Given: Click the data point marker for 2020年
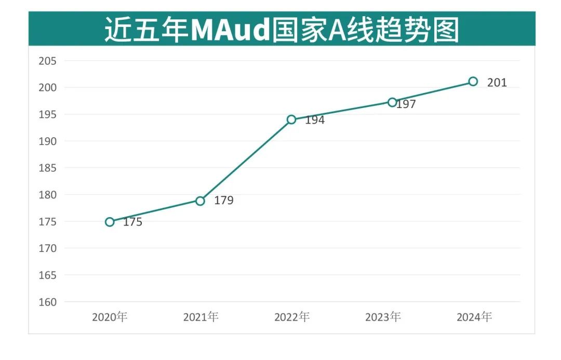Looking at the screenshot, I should (x=110, y=222).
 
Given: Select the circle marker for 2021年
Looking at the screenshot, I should (x=200, y=201).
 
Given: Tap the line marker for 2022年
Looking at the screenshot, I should (x=291, y=119).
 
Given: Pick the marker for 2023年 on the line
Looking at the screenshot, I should (x=392, y=102).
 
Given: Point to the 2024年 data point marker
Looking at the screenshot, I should (x=473, y=81).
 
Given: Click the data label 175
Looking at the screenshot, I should (x=132, y=222).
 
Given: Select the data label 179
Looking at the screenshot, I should (x=224, y=201).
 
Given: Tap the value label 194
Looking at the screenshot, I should (x=315, y=120).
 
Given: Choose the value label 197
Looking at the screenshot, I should (x=406, y=104).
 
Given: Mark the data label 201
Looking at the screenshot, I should (x=497, y=82).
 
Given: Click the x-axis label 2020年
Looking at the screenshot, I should (x=110, y=317).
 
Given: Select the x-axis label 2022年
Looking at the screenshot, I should (x=292, y=317).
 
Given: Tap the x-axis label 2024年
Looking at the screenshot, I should (x=474, y=317).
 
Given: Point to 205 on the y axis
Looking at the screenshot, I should (x=48, y=61).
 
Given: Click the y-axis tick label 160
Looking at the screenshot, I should (x=48, y=302).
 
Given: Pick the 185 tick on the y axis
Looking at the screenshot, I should (x=48, y=168).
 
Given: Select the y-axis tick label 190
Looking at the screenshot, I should (x=48, y=141).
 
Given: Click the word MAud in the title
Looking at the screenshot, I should (x=230, y=30).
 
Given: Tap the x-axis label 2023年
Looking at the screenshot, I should (x=383, y=317).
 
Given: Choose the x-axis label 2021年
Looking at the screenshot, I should (x=201, y=317).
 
